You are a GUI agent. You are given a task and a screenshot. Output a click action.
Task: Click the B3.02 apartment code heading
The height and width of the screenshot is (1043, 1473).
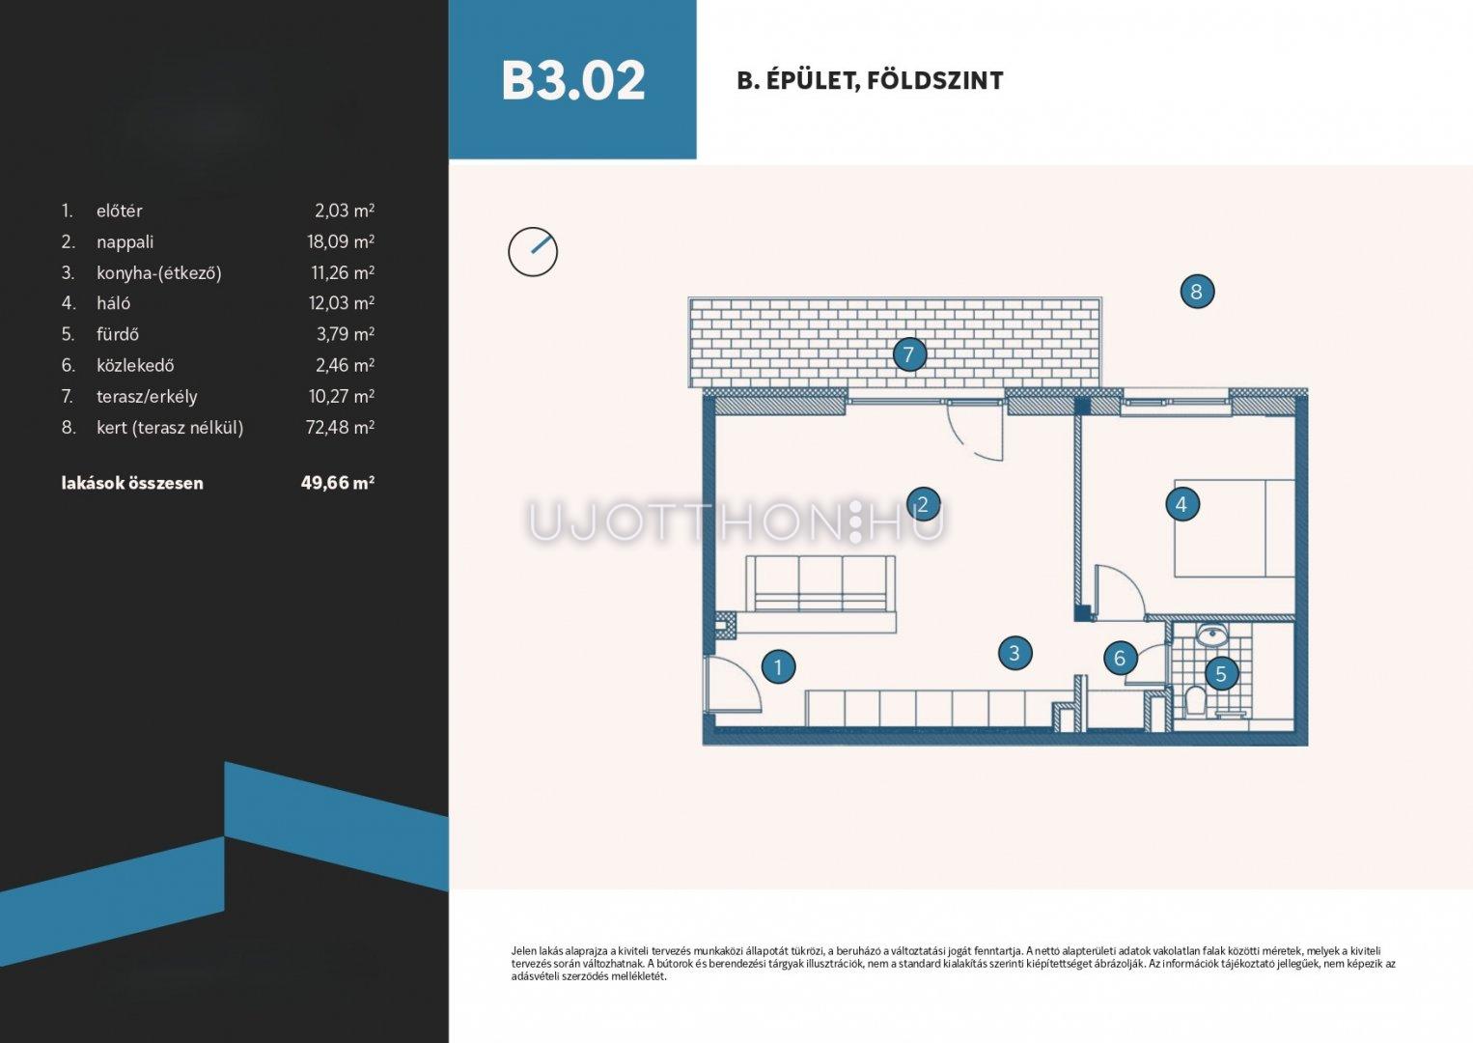point(572,80)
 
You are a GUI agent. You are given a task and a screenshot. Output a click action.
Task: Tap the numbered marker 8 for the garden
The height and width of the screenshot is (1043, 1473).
point(1197,292)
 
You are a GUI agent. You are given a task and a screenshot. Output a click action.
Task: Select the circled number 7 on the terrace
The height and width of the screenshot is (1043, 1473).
point(909,354)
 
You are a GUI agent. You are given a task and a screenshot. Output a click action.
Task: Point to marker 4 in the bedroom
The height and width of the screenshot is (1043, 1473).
point(1181,505)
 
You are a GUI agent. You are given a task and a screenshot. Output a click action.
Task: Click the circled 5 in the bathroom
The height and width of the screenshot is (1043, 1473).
point(1221,673)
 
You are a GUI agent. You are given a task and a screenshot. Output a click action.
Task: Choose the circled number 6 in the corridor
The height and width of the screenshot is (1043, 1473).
point(1120,658)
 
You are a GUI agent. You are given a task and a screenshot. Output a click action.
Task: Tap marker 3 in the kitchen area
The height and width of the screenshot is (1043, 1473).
point(1014,653)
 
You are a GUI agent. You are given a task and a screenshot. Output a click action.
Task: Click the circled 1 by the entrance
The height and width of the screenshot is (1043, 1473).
point(779,667)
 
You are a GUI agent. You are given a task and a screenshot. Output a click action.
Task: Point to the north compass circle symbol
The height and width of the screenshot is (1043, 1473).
point(533,252)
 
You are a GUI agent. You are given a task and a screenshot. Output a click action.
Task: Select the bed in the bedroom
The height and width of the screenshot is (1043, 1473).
point(1235,528)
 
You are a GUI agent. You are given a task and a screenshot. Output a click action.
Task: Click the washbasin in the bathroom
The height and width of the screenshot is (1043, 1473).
point(1210,635)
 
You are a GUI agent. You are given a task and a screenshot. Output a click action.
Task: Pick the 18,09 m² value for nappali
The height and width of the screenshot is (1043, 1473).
point(341,241)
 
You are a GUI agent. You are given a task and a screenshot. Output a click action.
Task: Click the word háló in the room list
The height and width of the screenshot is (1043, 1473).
point(113,302)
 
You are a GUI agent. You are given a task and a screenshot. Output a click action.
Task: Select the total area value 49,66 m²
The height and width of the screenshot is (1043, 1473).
point(338,483)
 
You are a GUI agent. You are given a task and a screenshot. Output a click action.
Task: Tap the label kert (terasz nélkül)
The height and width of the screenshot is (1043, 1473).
point(170,428)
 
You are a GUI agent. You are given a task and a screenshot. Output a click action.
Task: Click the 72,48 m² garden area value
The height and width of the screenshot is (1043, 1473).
point(340,427)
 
